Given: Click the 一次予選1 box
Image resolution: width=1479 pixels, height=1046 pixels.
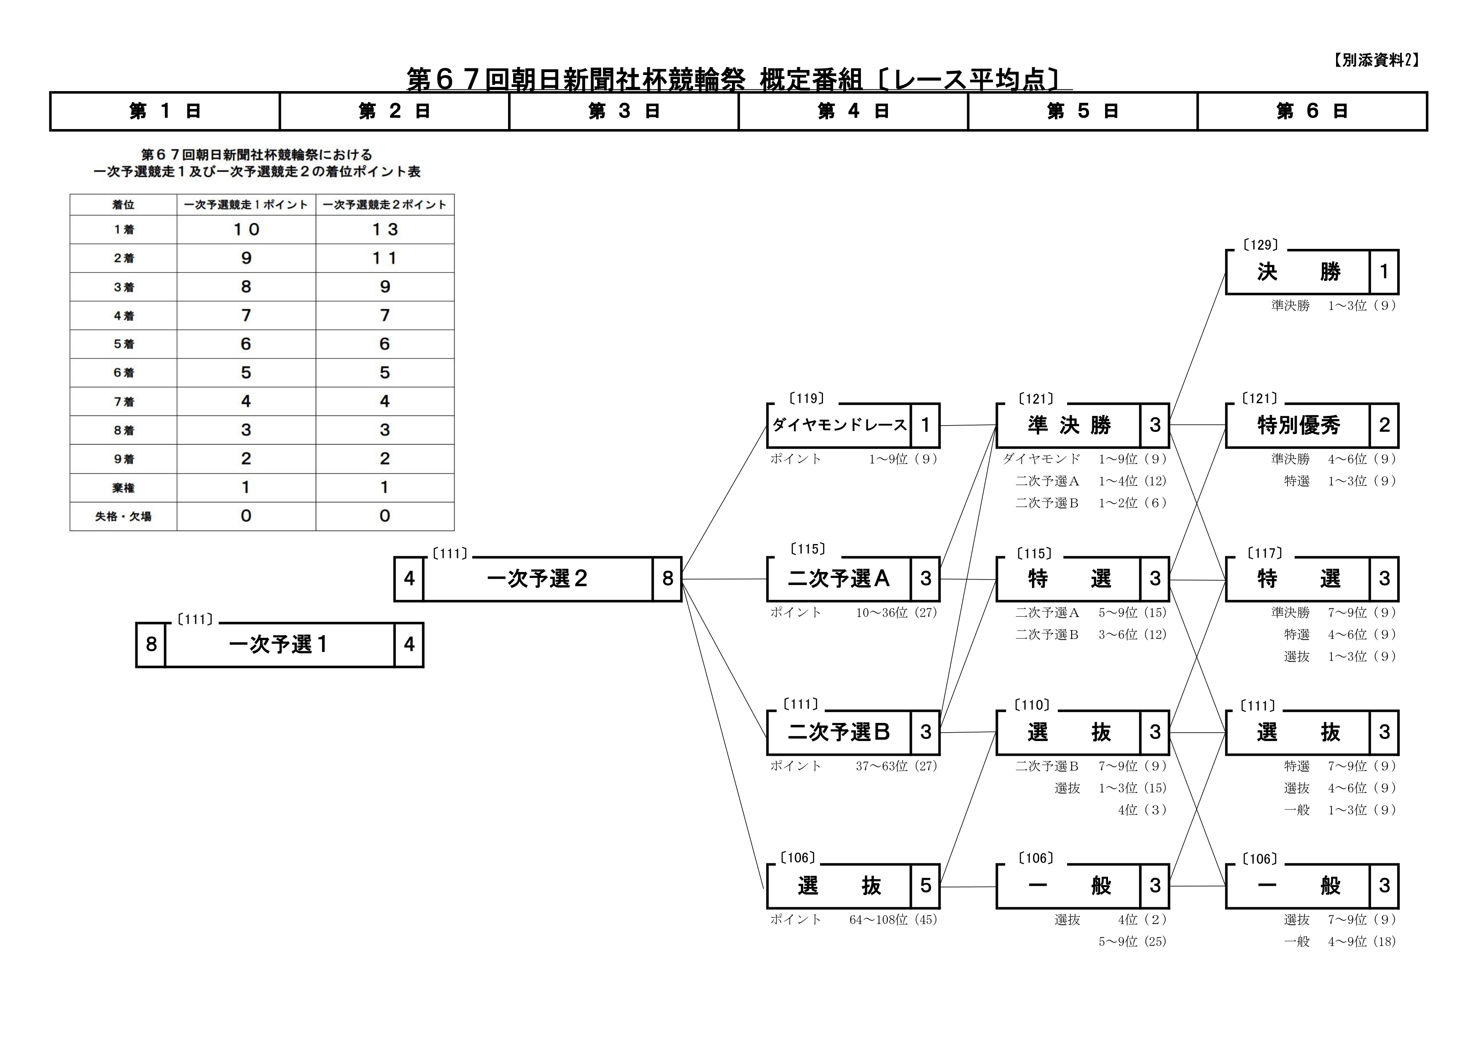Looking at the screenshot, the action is click(280, 644).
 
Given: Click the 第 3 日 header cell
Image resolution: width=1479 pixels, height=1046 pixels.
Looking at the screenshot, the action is click(624, 111).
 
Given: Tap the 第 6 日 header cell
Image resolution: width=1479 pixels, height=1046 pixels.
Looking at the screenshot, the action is click(1312, 111).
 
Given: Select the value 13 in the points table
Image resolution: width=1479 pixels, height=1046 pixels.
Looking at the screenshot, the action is click(385, 229).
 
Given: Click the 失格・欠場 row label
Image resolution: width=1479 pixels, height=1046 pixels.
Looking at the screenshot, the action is click(123, 516).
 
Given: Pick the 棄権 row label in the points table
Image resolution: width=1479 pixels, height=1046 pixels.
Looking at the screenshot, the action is click(123, 488).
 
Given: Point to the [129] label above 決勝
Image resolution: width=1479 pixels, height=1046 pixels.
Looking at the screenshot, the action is click(1260, 245).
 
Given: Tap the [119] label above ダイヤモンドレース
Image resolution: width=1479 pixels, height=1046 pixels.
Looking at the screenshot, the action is click(807, 399).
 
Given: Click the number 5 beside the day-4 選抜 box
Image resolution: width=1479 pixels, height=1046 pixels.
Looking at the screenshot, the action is click(926, 886).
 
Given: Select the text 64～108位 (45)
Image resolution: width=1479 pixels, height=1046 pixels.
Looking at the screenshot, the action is click(893, 920).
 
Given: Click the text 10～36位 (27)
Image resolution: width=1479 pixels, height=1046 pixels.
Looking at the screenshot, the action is click(896, 613).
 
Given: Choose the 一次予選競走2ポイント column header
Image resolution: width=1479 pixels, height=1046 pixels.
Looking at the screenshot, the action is click(385, 205).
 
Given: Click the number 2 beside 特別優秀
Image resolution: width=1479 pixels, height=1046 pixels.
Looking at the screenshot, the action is click(1384, 426).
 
